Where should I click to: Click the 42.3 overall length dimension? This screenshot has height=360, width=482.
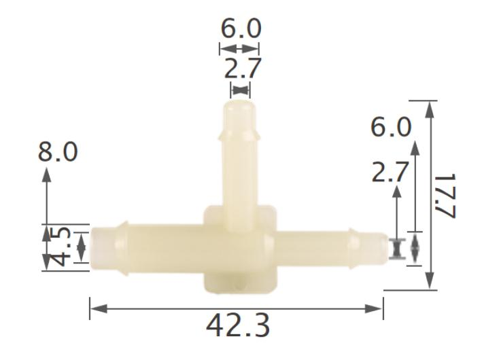pyautogui.click(x=237, y=327)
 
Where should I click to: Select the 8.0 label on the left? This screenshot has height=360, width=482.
pyautogui.click(x=57, y=152)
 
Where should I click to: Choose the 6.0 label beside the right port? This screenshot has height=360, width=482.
pyautogui.click(x=391, y=128)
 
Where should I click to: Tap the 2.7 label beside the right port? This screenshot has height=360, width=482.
pyautogui.click(x=391, y=173)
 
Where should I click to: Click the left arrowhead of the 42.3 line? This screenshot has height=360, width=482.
pyautogui.click(x=94, y=309)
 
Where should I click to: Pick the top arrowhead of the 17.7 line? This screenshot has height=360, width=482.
pyautogui.click(x=429, y=105)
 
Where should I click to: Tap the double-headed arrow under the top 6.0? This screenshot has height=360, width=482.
pyautogui.click(x=239, y=48)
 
